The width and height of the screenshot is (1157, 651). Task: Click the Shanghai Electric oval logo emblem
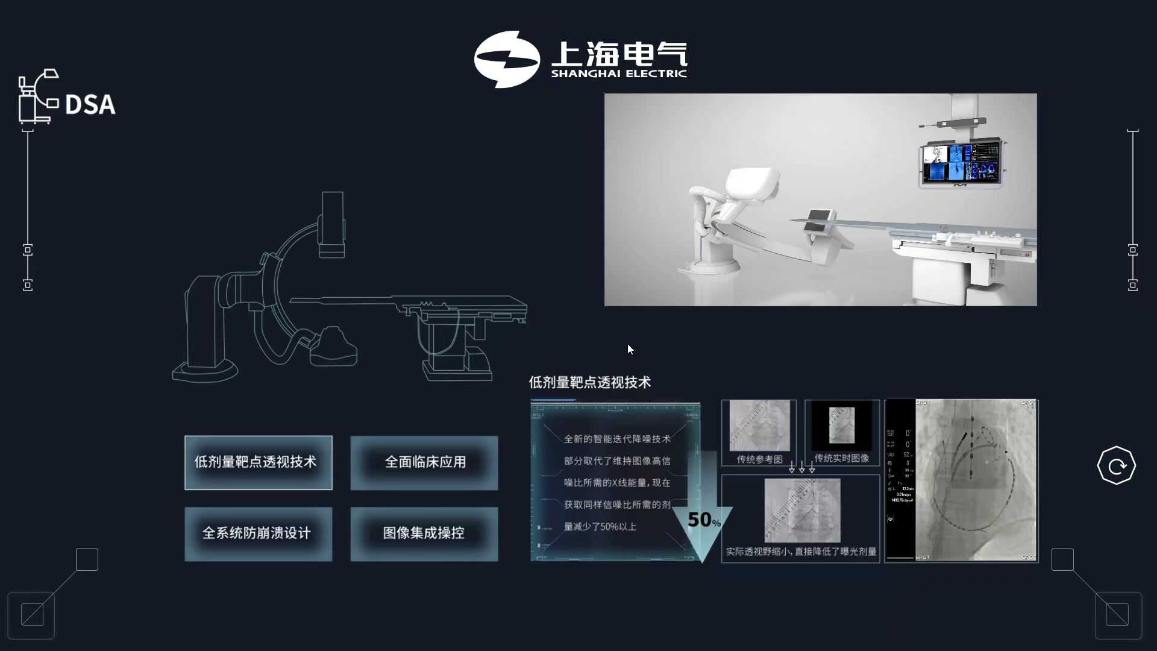(506, 59)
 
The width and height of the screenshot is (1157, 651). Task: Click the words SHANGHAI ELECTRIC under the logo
(619, 74)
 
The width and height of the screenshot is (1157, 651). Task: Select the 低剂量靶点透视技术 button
(258, 462)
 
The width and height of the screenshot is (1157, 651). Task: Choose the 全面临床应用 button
(424, 462)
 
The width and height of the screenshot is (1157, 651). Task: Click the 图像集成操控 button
(424, 533)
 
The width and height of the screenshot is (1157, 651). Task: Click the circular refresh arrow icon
(1116, 466)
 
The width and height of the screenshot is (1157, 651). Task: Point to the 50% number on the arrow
(703, 520)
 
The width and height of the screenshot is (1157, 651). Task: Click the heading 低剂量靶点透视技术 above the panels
(589, 383)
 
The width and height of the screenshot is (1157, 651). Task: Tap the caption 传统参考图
(759, 459)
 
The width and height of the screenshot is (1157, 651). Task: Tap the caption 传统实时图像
(841, 459)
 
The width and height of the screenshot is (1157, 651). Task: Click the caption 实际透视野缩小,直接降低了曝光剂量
(801, 552)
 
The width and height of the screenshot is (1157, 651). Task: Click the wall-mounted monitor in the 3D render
(959, 163)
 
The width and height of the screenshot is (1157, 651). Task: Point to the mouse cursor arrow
(630, 349)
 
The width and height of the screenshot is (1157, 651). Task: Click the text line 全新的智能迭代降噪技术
(616, 439)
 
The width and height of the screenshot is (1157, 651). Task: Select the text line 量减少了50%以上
(600, 527)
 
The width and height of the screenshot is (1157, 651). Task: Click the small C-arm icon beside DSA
(37, 96)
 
